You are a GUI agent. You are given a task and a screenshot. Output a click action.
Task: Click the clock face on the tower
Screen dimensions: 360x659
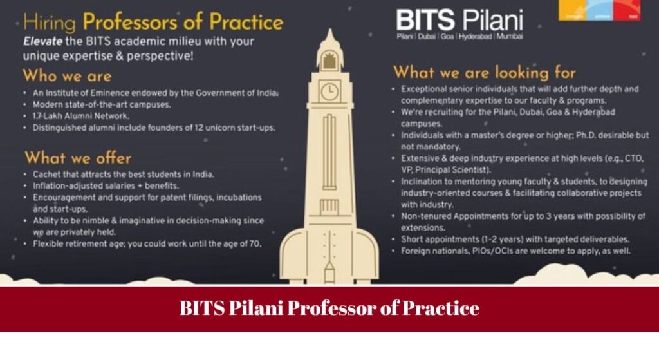(x=329, y=91)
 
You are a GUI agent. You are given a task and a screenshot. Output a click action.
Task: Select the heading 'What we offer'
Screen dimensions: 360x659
(x=77, y=158)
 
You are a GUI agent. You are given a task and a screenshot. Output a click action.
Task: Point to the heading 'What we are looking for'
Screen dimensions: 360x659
(x=485, y=71)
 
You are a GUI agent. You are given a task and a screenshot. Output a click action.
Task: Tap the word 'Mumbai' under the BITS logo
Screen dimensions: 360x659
(x=510, y=37)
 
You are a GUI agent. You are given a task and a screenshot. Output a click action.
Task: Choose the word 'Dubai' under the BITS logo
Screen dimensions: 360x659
(x=426, y=37)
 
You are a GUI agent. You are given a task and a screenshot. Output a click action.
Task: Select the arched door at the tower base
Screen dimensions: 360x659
(x=329, y=270)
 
